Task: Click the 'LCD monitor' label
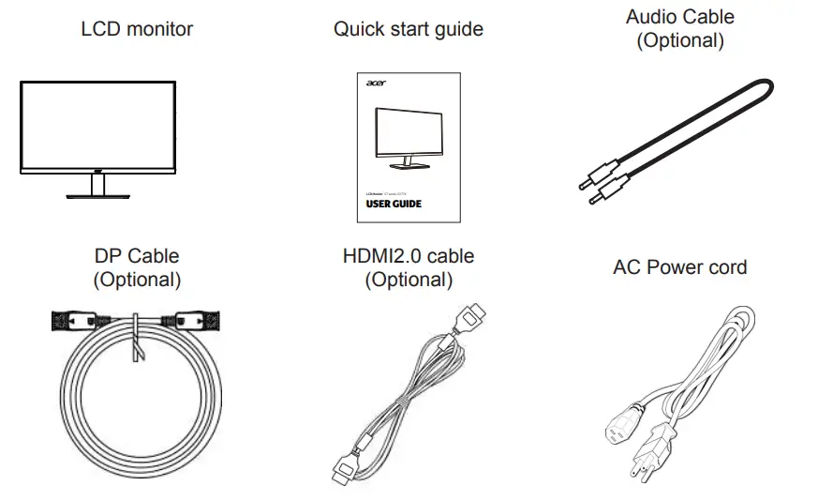137,29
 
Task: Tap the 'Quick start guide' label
409,29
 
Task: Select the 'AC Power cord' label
679,267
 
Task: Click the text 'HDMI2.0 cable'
409,256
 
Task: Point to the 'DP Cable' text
137,256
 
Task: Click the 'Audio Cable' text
679,17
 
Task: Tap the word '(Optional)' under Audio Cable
679,40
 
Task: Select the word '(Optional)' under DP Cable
137,280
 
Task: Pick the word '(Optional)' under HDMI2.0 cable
409,280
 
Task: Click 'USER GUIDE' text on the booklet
393,204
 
